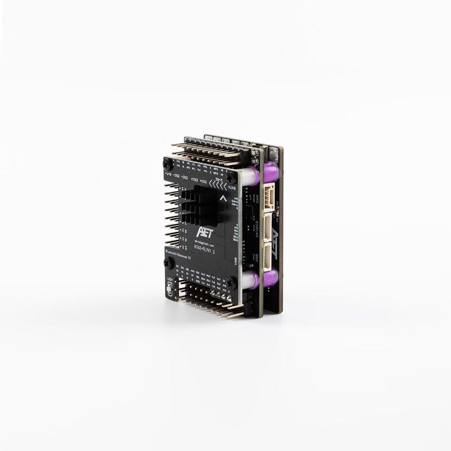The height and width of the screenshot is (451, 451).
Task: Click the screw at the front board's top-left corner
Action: click(x=167, y=163)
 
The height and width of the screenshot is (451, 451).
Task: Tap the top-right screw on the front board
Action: click(x=231, y=178)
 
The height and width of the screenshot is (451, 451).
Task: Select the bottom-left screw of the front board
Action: click(x=168, y=263)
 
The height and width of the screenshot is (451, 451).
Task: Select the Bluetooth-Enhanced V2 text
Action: click(x=179, y=253)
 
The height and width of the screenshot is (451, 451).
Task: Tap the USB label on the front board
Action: click(x=235, y=260)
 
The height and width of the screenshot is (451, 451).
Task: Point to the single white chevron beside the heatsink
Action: click(x=223, y=198)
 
